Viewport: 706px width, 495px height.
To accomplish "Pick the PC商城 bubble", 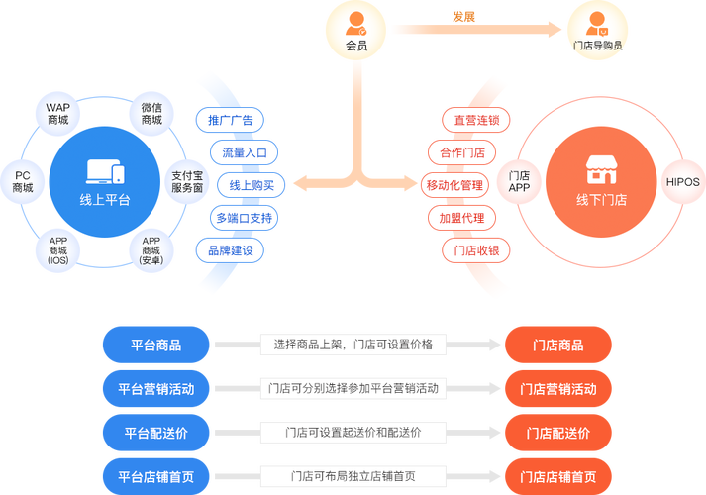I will point(23,180).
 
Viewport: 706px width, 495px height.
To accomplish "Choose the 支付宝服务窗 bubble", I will point(186,179).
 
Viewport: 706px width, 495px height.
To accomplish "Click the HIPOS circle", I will point(682,181).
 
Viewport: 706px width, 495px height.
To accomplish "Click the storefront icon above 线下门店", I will point(601,169).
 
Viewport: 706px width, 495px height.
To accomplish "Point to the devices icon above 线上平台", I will point(105,172).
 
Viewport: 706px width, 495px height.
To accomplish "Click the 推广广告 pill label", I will point(230,121).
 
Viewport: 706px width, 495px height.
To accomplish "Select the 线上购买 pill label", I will point(252,185).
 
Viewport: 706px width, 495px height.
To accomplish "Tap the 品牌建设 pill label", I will point(230,250).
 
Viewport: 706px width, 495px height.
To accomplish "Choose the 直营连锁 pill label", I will point(476,121).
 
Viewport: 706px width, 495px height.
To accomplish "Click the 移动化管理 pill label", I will point(454,185).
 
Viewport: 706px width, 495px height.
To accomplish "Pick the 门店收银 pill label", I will point(476,250).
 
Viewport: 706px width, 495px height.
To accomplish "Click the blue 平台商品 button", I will point(156,345).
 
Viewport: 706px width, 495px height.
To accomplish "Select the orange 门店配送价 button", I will point(557,432).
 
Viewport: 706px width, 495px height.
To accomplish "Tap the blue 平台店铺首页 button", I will point(156,475).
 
